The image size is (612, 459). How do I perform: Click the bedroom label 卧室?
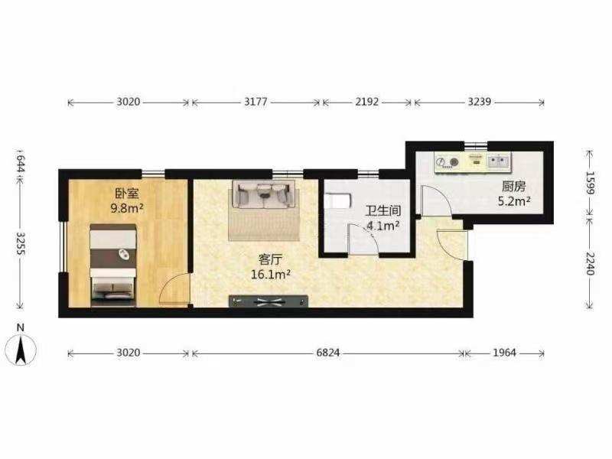click(x=127, y=194)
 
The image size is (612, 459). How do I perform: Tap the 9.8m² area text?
click(x=127, y=208)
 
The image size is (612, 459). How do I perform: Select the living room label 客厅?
click(x=270, y=260)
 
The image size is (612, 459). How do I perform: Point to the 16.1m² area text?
click(x=270, y=275)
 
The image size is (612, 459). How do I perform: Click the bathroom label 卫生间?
click(x=383, y=211)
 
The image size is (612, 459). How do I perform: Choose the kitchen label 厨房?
click(x=513, y=187)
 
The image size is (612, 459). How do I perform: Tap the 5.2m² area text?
click(x=513, y=201)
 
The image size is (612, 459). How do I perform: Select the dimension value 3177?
click(x=256, y=102)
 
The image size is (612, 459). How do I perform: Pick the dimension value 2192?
click(x=367, y=102)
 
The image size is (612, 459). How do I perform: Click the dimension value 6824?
click(x=328, y=353)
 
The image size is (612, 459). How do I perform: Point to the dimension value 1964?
click(x=504, y=353)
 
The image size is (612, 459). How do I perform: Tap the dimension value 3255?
click(x=21, y=244)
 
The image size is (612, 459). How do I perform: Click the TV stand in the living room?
click(x=269, y=301)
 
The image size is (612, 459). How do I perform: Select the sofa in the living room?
click(x=264, y=194)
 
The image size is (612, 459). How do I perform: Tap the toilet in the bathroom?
click(x=337, y=200)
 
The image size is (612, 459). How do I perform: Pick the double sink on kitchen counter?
click(x=499, y=161)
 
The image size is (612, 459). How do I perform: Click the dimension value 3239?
click(x=480, y=102)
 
